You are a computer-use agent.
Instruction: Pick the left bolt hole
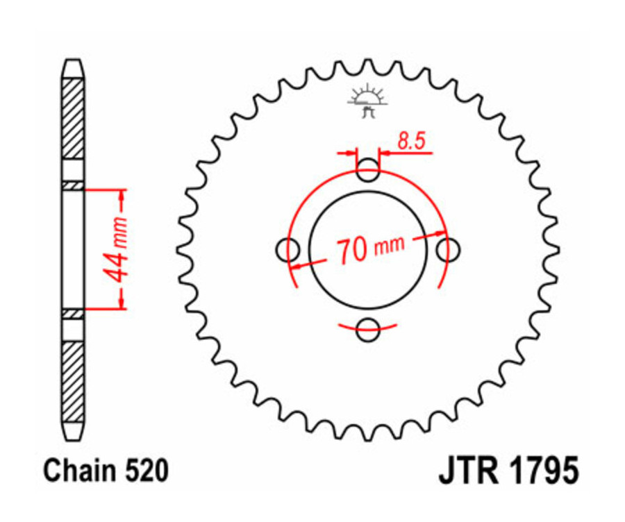coord(287,249)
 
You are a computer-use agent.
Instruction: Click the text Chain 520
coord(106,471)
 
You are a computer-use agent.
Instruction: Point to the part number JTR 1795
coord(508,471)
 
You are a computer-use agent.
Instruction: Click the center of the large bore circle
coord(368,249)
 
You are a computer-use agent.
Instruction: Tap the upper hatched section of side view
coord(73,118)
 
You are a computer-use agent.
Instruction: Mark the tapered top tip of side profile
coord(73,66)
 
